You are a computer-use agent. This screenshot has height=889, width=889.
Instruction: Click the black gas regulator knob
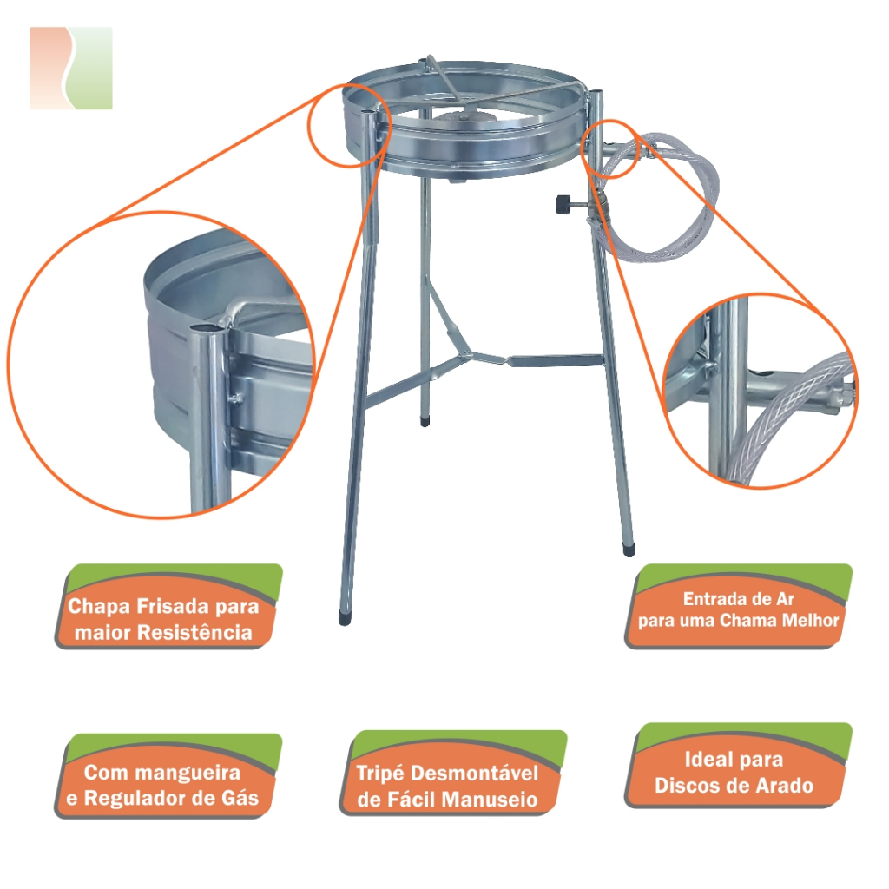click(563, 203)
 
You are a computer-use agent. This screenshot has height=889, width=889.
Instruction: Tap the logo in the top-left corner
click(71, 68)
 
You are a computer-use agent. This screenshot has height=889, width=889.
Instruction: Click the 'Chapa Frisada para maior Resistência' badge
click(168, 606)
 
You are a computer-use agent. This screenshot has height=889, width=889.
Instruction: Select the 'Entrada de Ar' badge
click(739, 606)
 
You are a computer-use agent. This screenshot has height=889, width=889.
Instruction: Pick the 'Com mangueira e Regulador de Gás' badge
click(168, 775)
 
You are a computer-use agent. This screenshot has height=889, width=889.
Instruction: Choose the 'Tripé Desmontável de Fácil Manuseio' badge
click(453, 773)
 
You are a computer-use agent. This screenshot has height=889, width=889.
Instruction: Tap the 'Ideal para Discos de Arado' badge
click(739, 766)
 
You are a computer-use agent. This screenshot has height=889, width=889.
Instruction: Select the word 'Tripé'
click(380, 773)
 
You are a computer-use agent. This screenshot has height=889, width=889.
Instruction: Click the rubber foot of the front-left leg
click(344, 618)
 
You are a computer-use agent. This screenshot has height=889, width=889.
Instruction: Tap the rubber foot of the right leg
click(629, 550)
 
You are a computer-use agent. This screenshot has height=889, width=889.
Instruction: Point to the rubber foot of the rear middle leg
click(425, 422)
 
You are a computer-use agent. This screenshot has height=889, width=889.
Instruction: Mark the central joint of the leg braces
click(467, 354)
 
